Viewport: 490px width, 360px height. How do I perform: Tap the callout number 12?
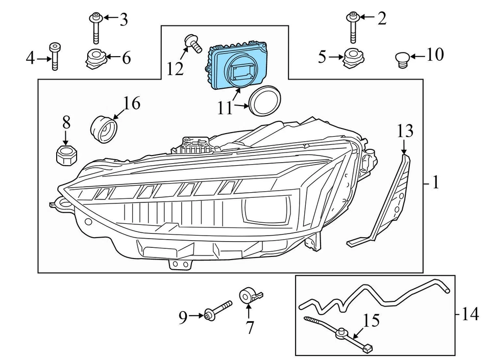click(175, 68)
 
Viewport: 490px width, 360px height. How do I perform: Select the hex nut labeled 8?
click(65, 155)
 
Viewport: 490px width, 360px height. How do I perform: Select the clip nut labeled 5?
click(350, 58)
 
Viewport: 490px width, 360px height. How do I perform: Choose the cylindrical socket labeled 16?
click(105, 129)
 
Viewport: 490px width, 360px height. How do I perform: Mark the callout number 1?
click(435, 183)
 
